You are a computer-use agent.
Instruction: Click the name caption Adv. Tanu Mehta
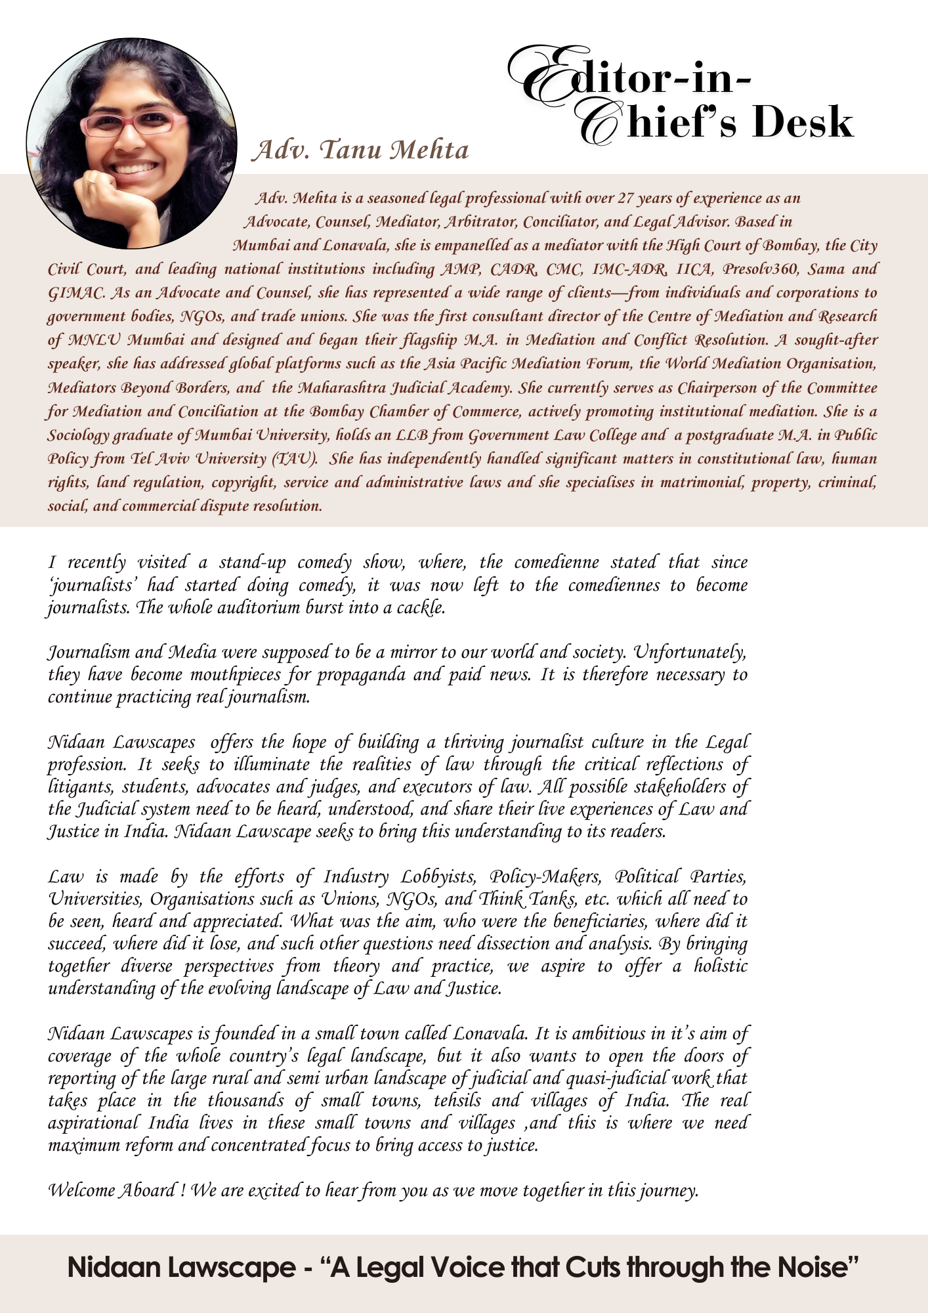(361, 150)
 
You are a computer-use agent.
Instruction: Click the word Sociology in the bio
(79, 435)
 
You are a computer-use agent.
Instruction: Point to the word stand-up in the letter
(252, 563)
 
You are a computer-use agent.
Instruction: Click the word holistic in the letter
(721, 966)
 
